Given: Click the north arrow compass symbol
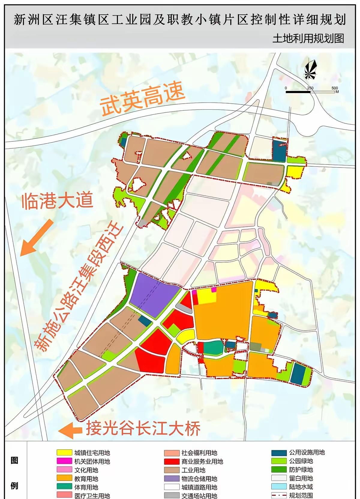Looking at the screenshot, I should click(x=310, y=70).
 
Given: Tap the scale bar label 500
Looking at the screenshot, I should click(x=334, y=88).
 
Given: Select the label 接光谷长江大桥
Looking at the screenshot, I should click(x=143, y=428).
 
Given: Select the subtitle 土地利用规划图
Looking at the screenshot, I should click(x=308, y=38).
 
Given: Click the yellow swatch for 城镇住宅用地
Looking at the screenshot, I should click(x=64, y=453).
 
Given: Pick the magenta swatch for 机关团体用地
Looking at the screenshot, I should click(x=64, y=461).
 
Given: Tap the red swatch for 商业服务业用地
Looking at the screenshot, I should click(x=172, y=461).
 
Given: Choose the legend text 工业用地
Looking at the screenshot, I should click(x=193, y=470).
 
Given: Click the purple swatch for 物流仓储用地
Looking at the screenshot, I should click(x=172, y=479).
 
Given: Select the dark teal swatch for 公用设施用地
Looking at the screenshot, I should click(x=279, y=452).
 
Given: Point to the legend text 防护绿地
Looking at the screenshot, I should click(x=301, y=470).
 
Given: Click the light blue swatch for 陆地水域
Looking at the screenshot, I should click(x=279, y=487).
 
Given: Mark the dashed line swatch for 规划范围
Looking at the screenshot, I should click(x=279, y=495).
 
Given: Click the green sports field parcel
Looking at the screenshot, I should click(x=213, y=348).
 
